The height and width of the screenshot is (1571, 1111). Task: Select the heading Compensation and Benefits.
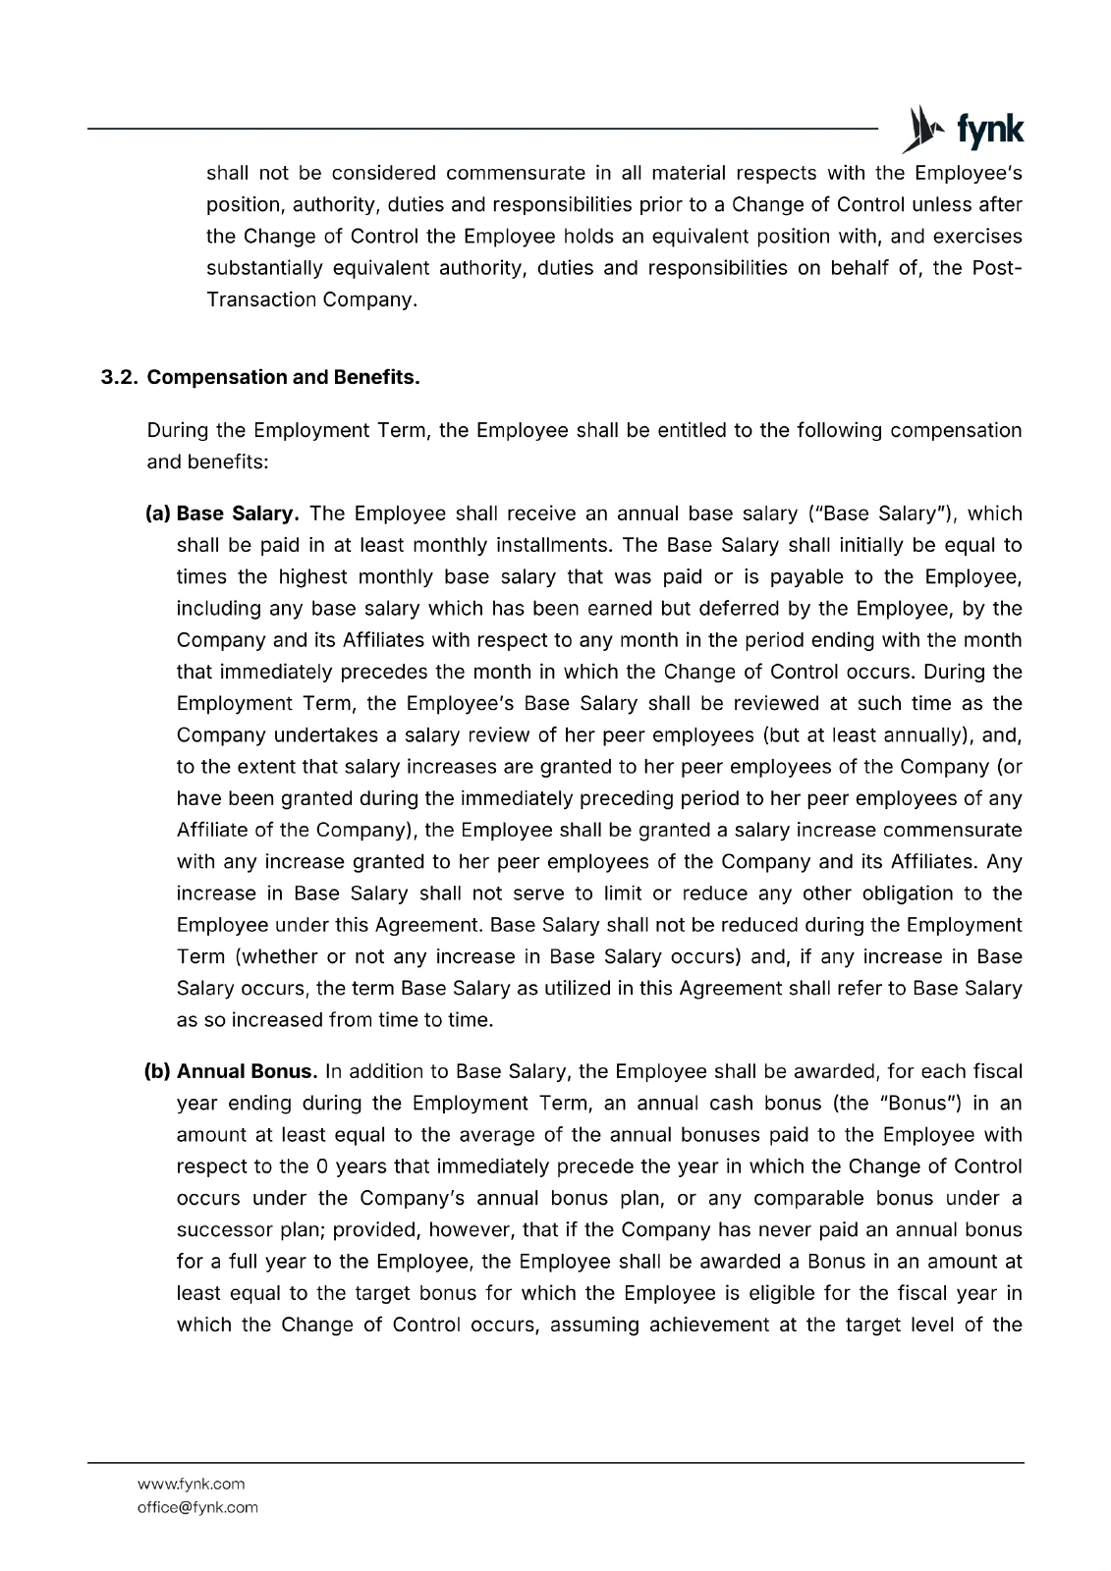coord(283,377)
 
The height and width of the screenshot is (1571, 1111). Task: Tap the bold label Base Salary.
coord(237,514)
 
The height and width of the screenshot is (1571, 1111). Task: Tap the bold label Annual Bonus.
coord(247,1071)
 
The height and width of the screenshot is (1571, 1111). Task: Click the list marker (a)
coord(158,514)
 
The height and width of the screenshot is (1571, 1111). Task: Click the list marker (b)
coord(158,1071)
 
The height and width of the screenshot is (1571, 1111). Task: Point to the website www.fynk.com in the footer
coord(191,1484)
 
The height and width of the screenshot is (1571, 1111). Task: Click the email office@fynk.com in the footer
coord(197,1507)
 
